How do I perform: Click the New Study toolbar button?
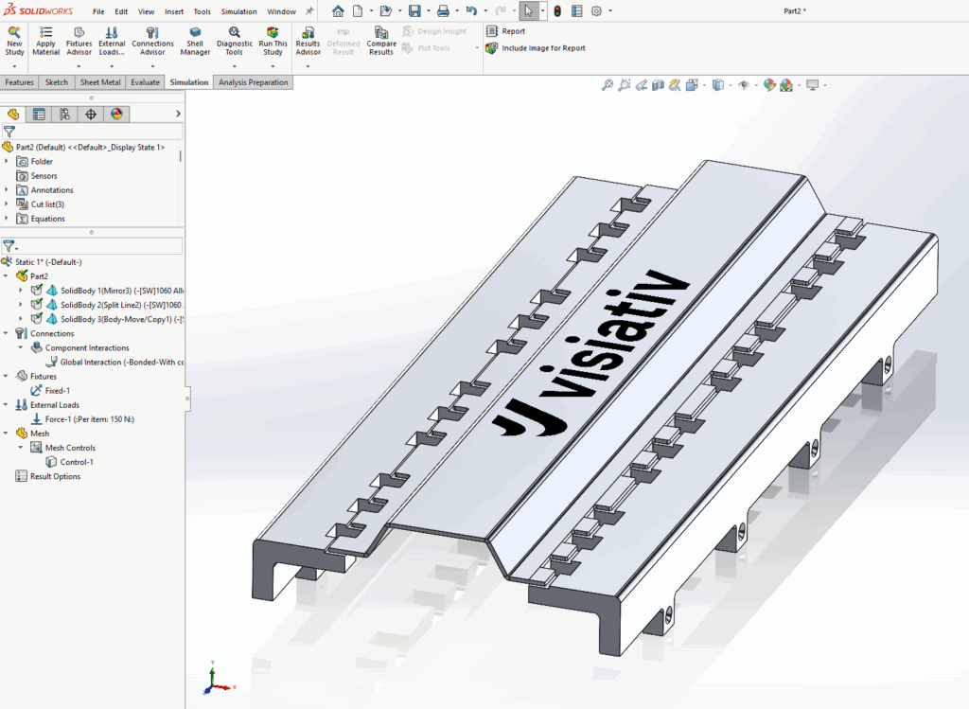[x=14, y=42]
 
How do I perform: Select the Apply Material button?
[x=45, y=42]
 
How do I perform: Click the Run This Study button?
[x=273, y=42]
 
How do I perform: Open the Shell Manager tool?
[x=195, y=42]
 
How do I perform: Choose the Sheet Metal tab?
[x=99, y=82]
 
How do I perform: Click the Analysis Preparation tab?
[x=253, y=82]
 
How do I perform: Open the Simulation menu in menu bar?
[x=238, y=11]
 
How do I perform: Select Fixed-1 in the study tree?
[x=57, y=390]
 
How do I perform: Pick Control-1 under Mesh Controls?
[x=76, y=462]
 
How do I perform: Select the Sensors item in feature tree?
[x=44, y=176]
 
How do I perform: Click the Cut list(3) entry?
[x=47, y=204]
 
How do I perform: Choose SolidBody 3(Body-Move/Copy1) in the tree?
[x=114, y=319]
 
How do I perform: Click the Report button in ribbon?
[x=512, y=31]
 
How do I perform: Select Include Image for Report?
[x=542, y=48]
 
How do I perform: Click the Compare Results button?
[x=381, y=42]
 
